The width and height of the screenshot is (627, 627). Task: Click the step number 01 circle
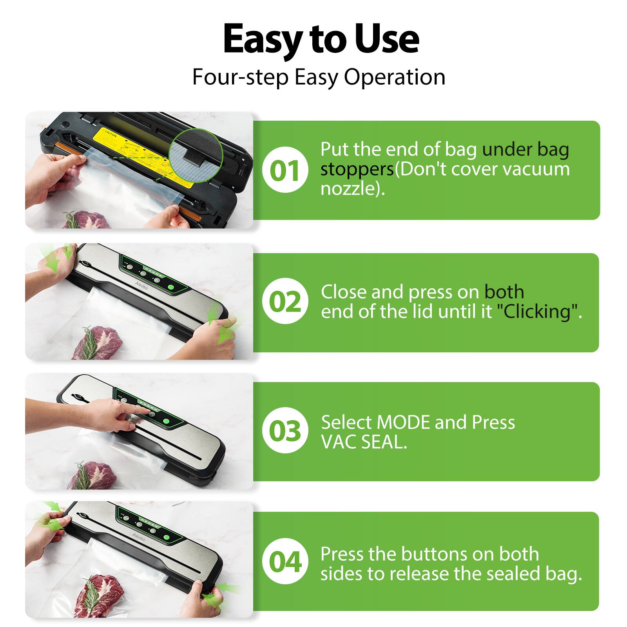tap(285, 170)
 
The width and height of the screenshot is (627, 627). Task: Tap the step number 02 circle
tap(285, 301)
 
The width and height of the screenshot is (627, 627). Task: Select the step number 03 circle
tap(285, 430)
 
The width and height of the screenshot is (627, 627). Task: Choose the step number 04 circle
tap(285, 561)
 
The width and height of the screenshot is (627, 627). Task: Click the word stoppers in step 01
tap(357, 169)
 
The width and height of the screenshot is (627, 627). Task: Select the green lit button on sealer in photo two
tap(171, 287)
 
